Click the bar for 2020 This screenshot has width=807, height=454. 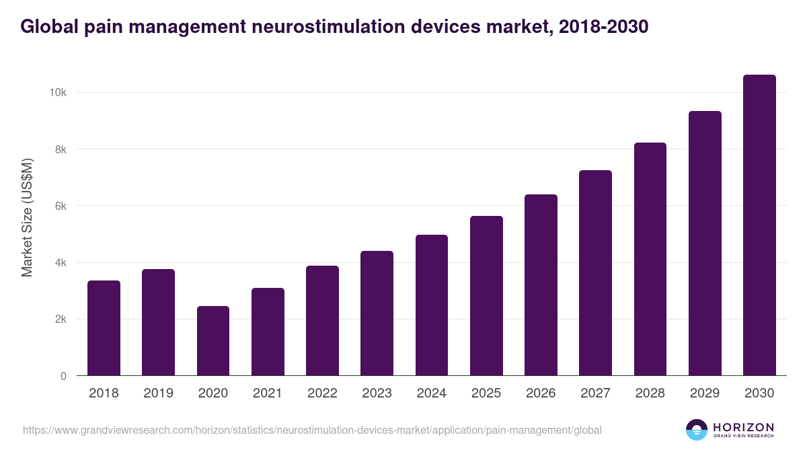[213, 341]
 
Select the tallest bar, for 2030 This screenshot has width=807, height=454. [759, 225]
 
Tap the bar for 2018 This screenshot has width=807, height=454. [104, 328]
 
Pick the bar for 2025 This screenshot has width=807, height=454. [486, 296]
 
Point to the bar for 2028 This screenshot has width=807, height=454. [650, 259]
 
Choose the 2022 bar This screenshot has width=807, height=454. [322, 321]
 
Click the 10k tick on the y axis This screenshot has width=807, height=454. [57, 93]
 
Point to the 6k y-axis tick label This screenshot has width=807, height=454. [60, 206]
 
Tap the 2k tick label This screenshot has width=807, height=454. [60, 319]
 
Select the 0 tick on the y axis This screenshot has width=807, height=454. [63, 376]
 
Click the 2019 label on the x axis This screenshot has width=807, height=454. [158, 393]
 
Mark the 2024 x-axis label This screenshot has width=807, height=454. [431, 393]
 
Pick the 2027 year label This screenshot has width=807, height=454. [595, 393]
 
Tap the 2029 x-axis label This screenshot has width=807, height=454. [705, 393]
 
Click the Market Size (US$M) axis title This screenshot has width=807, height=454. [27, 217]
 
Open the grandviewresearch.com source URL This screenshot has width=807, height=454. [312, 430]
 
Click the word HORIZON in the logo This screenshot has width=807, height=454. [743, 426]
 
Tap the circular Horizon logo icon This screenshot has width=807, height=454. [697, 430]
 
